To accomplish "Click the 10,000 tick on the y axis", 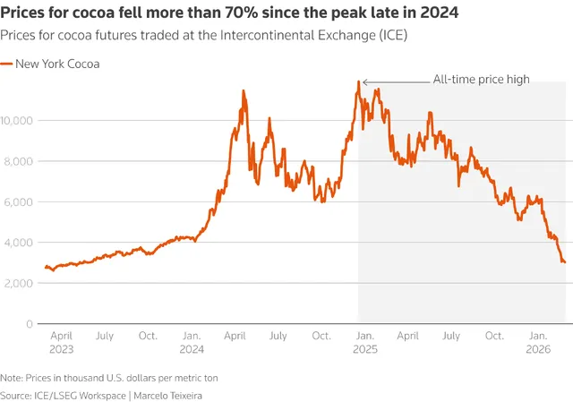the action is [x=16, y=120].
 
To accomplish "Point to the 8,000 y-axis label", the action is [x=18, y=161].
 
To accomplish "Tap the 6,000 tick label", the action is [x=18, y=201].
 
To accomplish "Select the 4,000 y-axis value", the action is [x=18, y=243].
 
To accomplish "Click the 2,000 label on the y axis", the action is [x=18, y=283].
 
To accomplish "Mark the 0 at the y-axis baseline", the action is [x=30, y=324].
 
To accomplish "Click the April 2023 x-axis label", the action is [x=62, y=342].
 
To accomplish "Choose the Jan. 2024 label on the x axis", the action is [x=192, y=342].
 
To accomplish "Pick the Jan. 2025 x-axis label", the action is [x=365, y=342].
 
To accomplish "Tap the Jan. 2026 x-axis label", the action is [x=538, y=342].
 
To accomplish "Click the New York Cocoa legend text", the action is [x=57, y=64].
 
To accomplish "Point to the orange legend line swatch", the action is [x=6, y=64].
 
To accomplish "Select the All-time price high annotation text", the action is [x=482, y=80].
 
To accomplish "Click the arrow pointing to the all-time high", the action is [x=396, y=82].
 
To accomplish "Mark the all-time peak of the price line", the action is [x=359, y=81].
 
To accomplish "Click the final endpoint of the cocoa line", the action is [x=565, y=262].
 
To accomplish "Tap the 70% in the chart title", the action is [x=240, y=13].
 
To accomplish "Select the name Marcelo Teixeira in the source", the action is [x=167, y=396].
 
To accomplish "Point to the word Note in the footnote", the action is [x=10, y=378].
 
